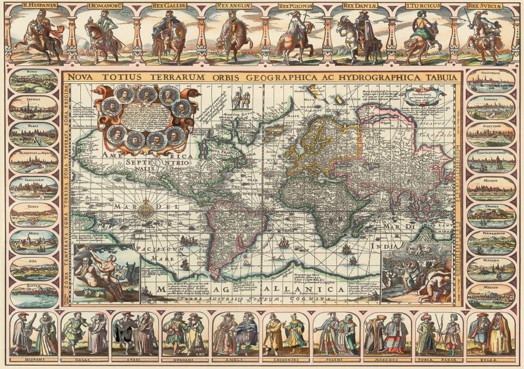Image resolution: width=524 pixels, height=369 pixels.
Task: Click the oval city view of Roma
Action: (33, 80)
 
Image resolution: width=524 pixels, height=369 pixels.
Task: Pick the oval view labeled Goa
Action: (33, 269)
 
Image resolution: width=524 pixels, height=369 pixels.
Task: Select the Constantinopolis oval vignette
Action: (491, 161)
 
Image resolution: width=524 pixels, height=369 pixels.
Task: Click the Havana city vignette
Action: (491, 269)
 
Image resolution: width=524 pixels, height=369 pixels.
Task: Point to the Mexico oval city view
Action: (491, 295)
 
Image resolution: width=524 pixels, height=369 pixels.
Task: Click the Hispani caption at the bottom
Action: (34, 360)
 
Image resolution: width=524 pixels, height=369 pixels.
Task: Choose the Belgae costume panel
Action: (490, 334)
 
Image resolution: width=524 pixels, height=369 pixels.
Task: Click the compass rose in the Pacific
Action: (146, 210)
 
